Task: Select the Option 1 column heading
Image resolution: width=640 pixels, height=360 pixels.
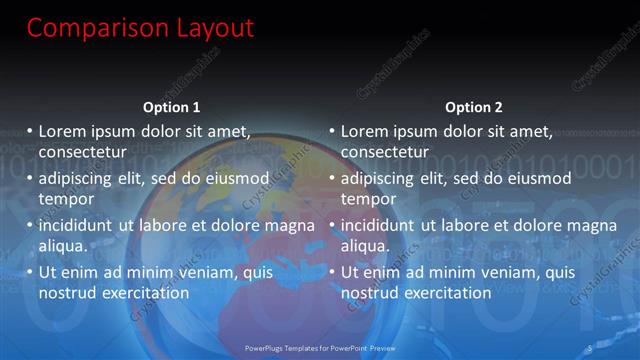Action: pos(172,107)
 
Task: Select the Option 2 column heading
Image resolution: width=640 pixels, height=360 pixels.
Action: pos(474,107)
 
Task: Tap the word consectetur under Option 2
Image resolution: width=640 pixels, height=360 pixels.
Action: pos(385,152)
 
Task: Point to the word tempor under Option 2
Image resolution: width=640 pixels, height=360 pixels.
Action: pos(368,199)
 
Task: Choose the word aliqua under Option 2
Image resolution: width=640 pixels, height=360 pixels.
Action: pos(366,246)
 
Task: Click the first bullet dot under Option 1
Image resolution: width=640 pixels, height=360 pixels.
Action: pos(30,131)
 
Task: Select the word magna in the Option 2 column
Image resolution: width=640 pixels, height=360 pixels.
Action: pos(595,227)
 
